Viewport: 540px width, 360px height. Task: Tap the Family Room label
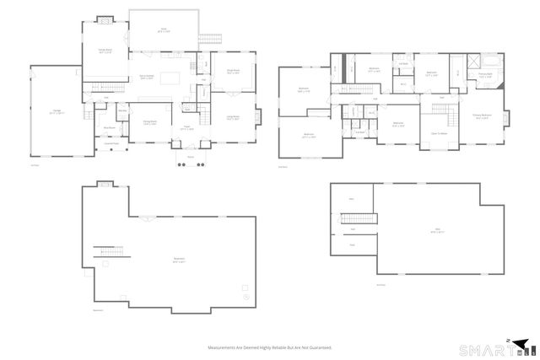click(x=105, y=51)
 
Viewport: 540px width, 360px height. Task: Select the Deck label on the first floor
click(x=164, y=30)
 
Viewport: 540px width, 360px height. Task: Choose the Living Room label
click(x=233, y=118)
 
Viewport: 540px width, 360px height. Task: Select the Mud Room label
click(x=110, y=129)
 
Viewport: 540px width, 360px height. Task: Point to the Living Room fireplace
click(x=257, y=116)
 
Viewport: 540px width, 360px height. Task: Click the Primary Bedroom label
click(x=482, y=116)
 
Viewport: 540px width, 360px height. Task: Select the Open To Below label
click(x=439, y=133)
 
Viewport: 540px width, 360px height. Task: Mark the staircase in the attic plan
click(x=352, y=219)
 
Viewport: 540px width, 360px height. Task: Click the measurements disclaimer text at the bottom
click(x=270, y=347)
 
